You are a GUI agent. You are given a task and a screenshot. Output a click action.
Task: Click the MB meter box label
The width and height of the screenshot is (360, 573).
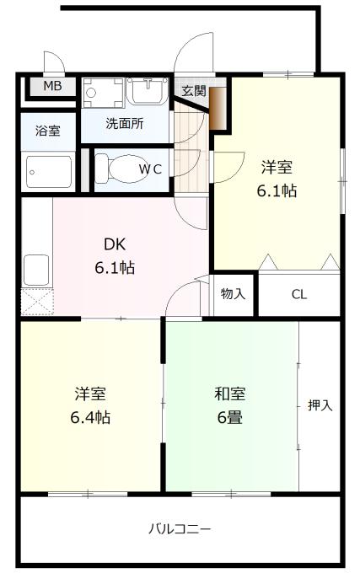coord(52,86)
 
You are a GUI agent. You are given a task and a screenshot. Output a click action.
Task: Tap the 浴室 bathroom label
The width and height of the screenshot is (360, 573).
coord(48,131)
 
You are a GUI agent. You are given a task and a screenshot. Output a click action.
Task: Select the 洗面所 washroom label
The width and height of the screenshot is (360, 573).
coord(125,124)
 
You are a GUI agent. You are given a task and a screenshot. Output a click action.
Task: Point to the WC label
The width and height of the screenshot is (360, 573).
coord(150,169)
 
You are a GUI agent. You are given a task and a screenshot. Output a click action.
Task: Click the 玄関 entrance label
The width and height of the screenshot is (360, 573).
coord(194,91)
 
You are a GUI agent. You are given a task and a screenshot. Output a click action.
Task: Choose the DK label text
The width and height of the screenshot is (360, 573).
coord(115,244)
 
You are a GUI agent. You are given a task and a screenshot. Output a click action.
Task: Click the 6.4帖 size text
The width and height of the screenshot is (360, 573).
coord(90,417)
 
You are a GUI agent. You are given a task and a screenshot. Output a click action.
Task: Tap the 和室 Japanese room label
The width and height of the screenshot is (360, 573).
coord(230,394)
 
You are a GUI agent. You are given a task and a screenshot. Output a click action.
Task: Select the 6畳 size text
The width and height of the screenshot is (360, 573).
coord(230,417)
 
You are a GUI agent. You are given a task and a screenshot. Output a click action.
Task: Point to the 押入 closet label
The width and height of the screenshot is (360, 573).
coord(320,405)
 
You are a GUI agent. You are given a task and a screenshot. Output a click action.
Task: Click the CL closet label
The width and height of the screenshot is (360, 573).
coord(299,294)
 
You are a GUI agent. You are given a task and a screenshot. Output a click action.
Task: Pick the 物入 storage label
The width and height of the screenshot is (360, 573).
coord(234,293)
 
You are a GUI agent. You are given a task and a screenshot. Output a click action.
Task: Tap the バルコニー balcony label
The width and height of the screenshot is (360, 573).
coord(180,529)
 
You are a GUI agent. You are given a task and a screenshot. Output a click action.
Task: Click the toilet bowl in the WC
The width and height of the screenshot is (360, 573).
coord(121,169)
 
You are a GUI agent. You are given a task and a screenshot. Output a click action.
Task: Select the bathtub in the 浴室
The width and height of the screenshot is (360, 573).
coord(49,172)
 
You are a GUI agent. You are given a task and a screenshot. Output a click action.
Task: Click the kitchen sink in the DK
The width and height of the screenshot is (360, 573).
coord(36,270)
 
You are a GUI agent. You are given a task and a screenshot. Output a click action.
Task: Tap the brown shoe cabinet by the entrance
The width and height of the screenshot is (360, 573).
coord(217,109)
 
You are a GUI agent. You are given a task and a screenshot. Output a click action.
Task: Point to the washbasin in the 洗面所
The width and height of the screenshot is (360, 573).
coord(148,91)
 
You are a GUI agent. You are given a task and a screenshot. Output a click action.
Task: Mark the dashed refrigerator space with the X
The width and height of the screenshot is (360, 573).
coord(37,302)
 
